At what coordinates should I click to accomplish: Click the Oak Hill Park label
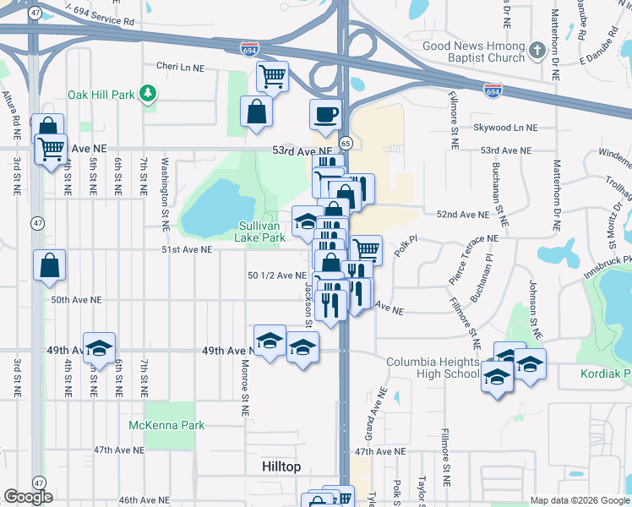(101, 94)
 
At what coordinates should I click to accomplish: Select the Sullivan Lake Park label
(261, 232)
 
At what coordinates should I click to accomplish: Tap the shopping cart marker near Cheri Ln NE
(272, 76)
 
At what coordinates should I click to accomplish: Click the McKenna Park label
(166, 424)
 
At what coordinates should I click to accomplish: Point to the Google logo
(29, 497)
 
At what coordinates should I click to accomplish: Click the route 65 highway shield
(346, 144)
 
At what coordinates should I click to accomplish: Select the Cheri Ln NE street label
(181, 67)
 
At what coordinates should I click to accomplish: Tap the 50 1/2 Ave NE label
(276, 275)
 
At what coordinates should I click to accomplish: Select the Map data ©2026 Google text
(579, 500)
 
